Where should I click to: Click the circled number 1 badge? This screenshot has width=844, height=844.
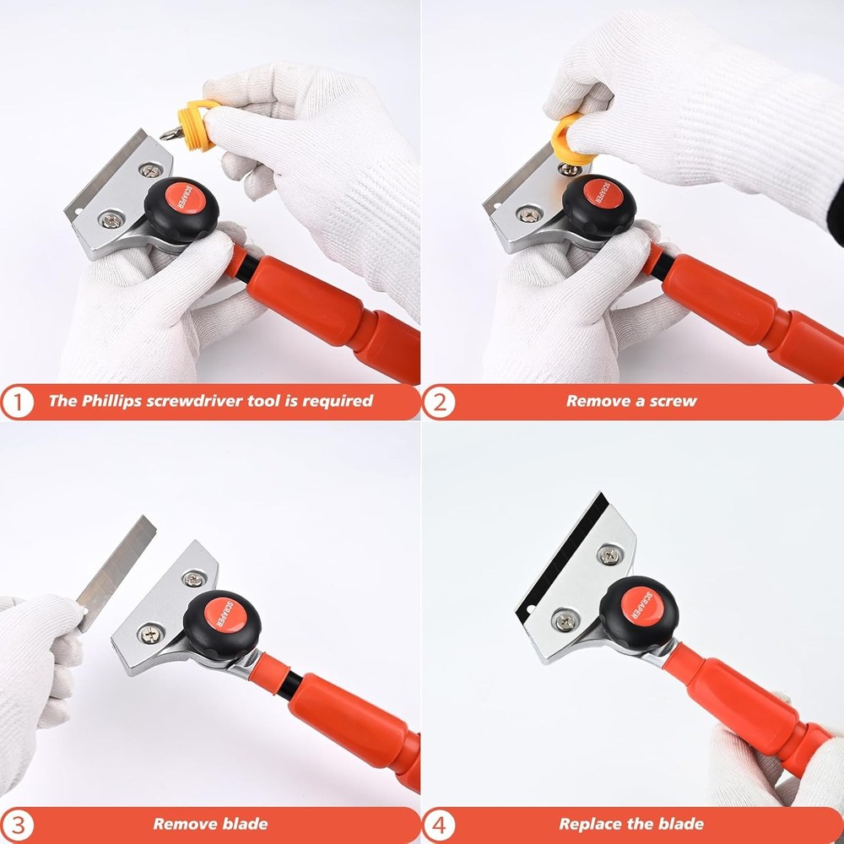pyautogui.click(x=17, y=402)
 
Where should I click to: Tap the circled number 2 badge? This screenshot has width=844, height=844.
pyautogui.click(x=438, y=402)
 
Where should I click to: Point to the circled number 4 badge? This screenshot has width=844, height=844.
pyautogui.click(x=438, y=824)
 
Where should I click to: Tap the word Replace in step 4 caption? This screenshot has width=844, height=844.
pyautogui.click(x=590, y=823)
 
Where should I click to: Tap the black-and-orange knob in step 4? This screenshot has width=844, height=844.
pyautogui.click(x=647, y=607)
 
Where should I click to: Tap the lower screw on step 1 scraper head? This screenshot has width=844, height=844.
pyautogui.click(x=108, y=219)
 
